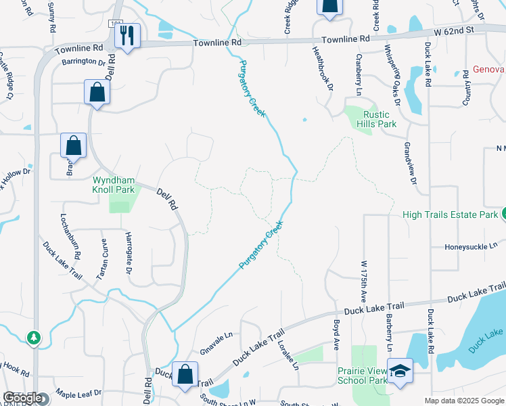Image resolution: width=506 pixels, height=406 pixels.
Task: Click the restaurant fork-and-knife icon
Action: [127, 36]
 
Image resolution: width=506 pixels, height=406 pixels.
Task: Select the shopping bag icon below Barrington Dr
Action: [97, 93]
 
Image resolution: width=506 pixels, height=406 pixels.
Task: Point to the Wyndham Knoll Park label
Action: [114, 185]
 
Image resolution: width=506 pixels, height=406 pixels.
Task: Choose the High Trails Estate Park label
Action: [450, 215]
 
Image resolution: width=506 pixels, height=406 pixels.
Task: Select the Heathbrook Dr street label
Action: [322, 68]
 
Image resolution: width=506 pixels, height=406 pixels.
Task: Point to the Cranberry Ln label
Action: [358, 74]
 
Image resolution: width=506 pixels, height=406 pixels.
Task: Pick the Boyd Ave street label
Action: [336, 335]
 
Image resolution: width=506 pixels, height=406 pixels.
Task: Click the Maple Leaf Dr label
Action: [78, 392]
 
